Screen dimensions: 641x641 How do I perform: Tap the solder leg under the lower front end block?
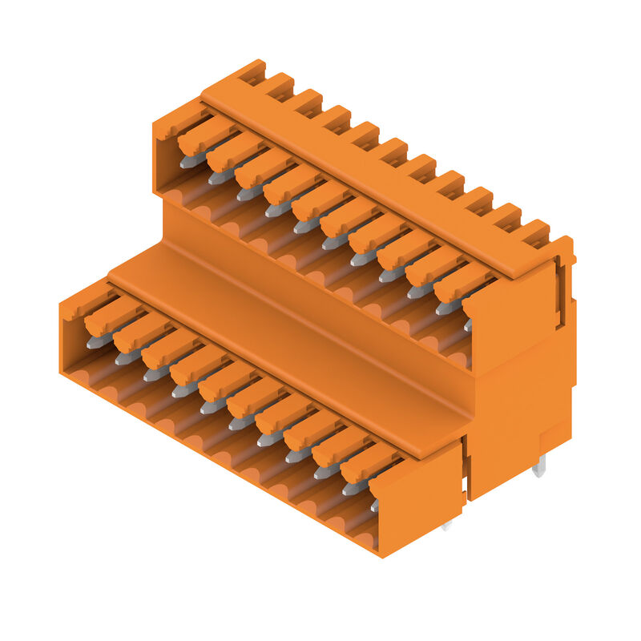click(445, 525)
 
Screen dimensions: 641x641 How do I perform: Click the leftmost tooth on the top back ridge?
click(252, 73)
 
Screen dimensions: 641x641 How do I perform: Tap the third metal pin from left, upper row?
click(249, 193)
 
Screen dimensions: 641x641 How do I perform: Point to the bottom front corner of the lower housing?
click(381, 553)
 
